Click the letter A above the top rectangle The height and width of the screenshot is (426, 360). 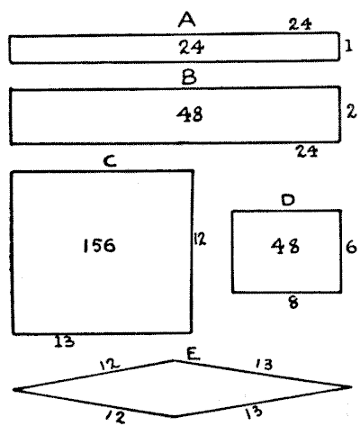[187, 20]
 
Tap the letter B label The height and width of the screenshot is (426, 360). [189, 77]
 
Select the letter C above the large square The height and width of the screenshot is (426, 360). [110, 161]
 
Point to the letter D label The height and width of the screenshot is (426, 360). [288, 200]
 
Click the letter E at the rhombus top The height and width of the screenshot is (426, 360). [193, 354]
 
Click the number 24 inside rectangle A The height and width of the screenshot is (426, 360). [192, 47]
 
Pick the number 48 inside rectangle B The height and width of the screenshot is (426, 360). [190, 114]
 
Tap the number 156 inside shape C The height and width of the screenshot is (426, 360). [99, 246]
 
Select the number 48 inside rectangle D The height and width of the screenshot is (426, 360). [285, 246]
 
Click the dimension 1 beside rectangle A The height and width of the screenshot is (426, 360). [348, 46]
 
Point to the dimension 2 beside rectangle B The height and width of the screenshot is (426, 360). [351, 112]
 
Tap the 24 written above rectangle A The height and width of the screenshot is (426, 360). [300, 24]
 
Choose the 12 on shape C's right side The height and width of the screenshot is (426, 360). [200, 239]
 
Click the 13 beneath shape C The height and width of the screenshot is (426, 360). [64, 341]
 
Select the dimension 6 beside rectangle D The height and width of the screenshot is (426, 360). [351, 248]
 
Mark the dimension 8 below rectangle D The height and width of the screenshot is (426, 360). [293, 303]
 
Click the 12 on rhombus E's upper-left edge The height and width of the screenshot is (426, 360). [110, 364]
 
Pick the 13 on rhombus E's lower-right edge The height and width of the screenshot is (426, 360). [254, 412]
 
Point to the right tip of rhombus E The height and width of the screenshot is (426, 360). [351, 387]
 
